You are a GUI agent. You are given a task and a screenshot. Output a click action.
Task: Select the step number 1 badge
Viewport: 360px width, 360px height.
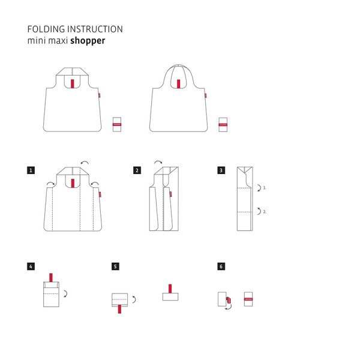(31, 170)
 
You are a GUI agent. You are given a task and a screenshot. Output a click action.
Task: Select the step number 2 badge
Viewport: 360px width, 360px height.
(137, 170)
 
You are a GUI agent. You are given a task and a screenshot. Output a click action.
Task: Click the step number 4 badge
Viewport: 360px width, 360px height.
(31, 266)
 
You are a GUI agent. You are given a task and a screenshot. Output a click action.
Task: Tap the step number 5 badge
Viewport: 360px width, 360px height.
(115, 266)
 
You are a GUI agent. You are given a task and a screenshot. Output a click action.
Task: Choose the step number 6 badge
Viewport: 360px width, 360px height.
(221, 266)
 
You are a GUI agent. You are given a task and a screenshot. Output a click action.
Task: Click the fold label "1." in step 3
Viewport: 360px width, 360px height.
(264, 188)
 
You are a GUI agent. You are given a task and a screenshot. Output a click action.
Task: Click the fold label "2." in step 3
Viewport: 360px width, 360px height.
(264, 211)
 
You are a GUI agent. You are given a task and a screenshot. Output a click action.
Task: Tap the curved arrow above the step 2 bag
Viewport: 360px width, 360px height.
(158, 162)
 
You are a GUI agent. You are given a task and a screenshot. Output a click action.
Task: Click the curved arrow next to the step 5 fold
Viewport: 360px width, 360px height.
(134, 299)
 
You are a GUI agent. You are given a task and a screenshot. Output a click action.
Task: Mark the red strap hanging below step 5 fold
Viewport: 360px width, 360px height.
(121, 309)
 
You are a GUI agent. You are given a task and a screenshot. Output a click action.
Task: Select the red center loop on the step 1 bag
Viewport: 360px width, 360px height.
(72, 183)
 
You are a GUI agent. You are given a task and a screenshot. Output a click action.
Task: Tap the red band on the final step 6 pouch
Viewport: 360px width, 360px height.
(248, 298)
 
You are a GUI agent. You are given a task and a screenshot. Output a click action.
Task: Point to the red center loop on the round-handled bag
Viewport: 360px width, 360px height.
(178, 84)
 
